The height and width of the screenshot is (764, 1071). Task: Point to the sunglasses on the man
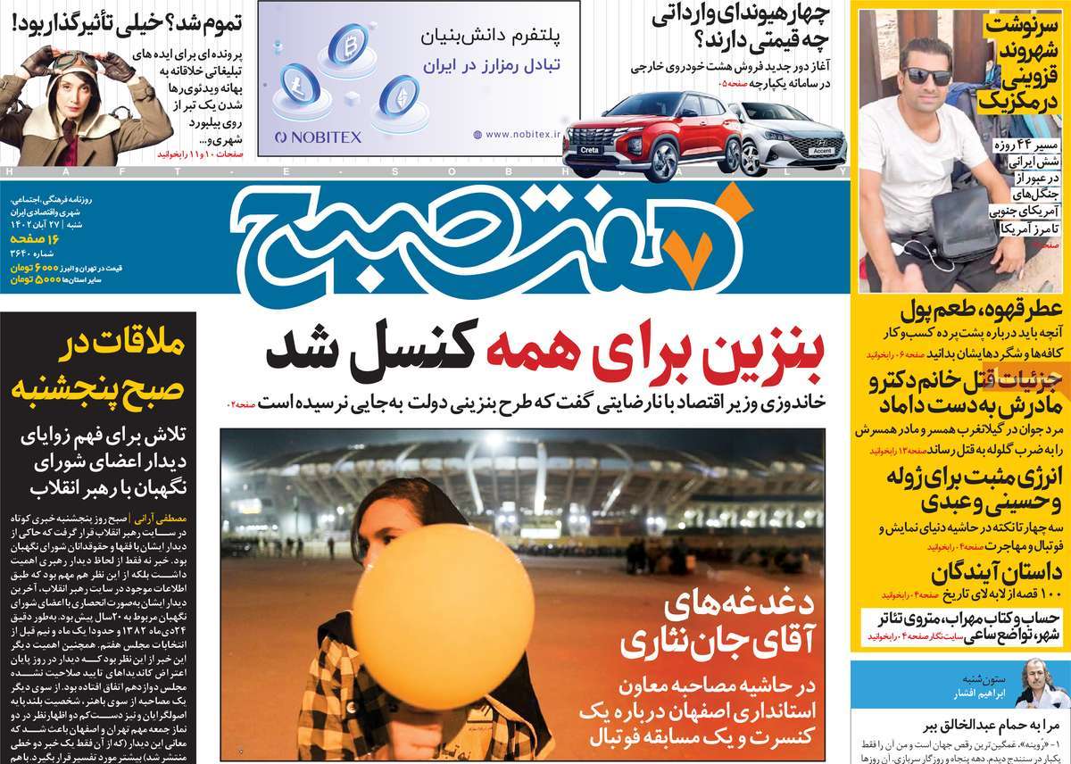pos(926,77)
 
